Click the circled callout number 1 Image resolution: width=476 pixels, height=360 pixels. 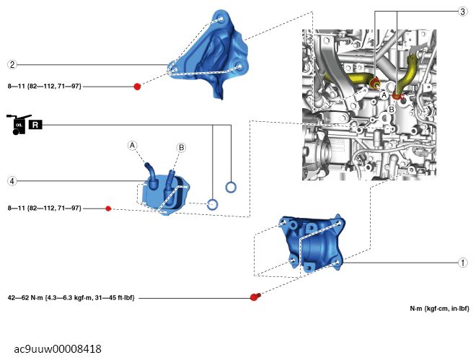point(463,263)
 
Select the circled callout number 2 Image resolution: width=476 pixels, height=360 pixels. point(12,63)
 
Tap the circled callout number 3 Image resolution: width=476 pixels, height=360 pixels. point(462,12)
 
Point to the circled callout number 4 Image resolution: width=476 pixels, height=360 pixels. point(12,180)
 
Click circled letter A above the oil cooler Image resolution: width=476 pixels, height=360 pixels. point(133,145)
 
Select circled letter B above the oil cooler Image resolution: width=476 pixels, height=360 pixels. point(181,147)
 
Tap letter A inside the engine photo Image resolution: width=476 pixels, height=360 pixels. point(384,95)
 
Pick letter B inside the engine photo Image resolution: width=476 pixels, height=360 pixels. point(391,109)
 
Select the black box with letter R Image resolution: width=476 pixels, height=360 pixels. point(37,125)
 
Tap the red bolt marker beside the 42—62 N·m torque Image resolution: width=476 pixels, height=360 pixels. point(255,297)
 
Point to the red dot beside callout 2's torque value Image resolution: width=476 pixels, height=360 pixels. point(137,87)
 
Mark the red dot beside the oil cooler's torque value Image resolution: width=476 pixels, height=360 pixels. point(108,208)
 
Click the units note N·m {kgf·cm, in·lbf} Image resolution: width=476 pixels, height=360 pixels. point(439,309)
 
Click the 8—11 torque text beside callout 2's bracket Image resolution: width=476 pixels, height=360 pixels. point(44,87)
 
